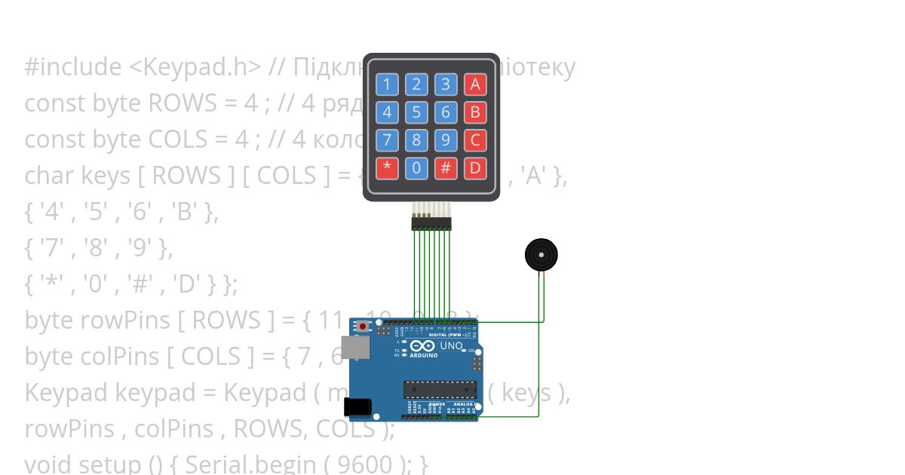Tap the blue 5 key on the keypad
[x=416, y=112]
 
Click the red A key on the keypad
[x=475, y=84]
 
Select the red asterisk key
[x=387, y=168]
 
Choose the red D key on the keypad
[x=475, y=168]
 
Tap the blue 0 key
[x=416, y=168]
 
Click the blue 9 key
[x=446, y=140]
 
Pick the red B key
[x=475, y=112]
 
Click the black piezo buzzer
[x=541, y=255]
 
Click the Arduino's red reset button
[x=364, y=327]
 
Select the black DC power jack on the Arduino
[x=357, y=407]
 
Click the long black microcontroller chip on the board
[x=440, y=389]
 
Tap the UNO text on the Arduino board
[x=451, y=346]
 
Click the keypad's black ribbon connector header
[x=431, y=223]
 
